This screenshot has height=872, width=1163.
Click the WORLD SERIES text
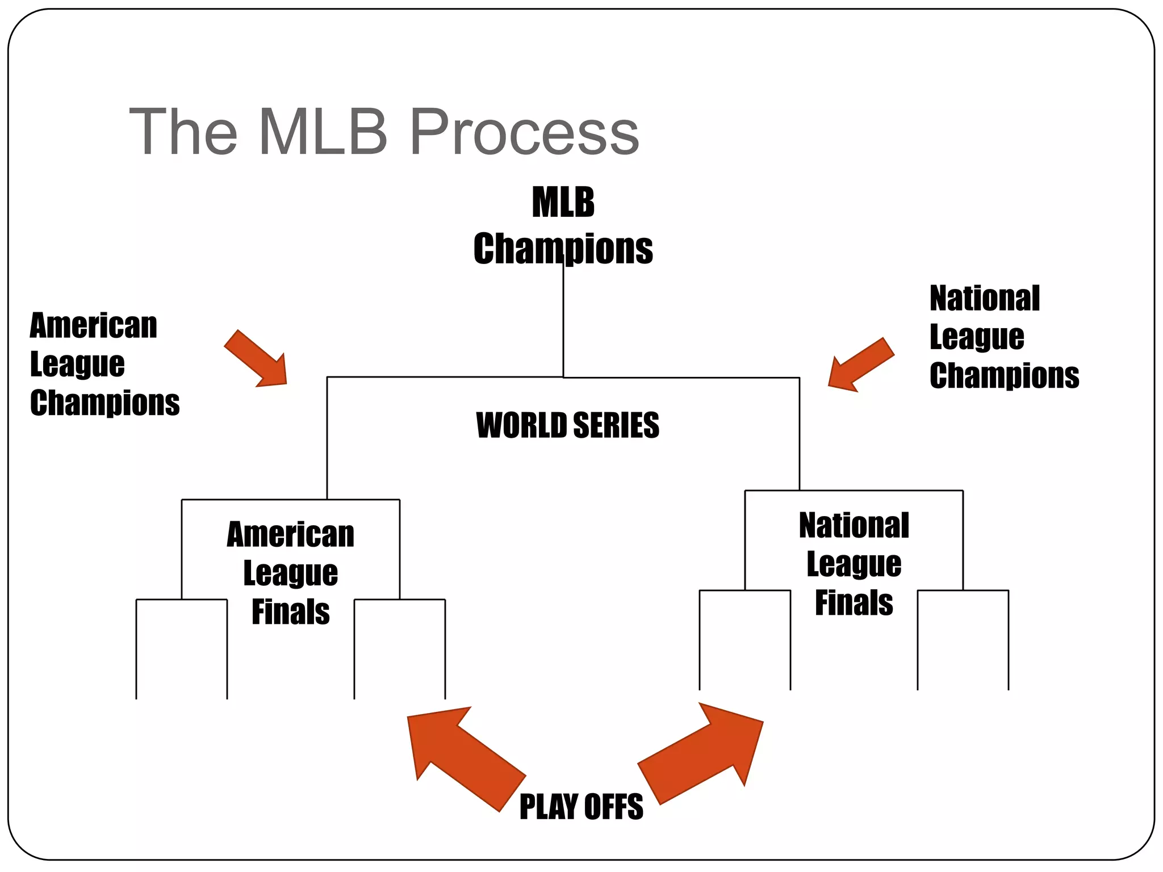tap(567, 425)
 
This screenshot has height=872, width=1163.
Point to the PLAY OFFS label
tap(581, 807)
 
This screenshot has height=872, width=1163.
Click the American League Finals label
tap(290, 573)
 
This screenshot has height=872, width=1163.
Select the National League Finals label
tap(854, 564)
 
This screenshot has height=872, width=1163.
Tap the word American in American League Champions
tap(93, 326)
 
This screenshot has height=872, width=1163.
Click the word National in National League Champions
tap(984, 299)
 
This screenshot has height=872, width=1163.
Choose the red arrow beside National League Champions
tap(860, 364)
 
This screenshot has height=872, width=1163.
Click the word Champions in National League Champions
tap(1004, 376)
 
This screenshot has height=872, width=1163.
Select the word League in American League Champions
tap(77, 364)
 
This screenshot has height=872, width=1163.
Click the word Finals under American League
tap(290, 612)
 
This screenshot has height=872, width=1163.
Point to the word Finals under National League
tap(854, 603)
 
